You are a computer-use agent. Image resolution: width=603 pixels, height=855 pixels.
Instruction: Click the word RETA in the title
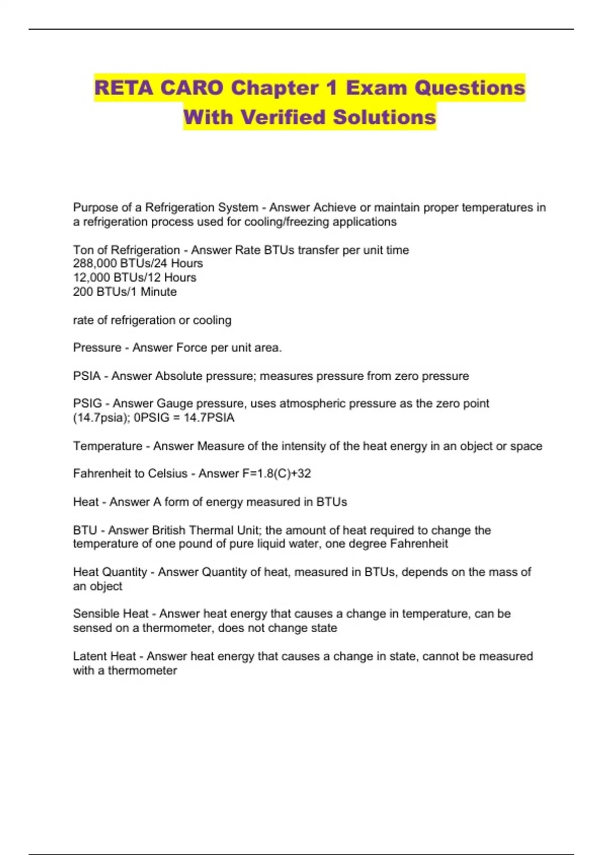pos(123,88)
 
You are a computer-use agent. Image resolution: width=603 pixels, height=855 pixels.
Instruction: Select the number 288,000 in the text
pos(92,264)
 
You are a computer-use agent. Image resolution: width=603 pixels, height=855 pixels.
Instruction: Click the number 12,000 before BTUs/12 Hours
pos(92,278)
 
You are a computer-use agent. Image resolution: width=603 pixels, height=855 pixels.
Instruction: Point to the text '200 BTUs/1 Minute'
pos(125,292)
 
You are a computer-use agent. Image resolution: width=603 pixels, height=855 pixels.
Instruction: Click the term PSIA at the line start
pos(86,376)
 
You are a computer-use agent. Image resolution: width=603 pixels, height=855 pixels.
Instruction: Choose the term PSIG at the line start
pos(87,403)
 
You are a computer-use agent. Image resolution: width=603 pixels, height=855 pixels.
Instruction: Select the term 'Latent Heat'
pos(104,656)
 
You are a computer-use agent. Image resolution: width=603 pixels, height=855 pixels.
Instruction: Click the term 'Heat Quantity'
pos(110,572)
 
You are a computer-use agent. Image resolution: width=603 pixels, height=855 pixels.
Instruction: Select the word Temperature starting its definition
pos(108,446)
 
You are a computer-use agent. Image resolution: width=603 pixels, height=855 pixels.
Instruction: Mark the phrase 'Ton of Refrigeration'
pos(126,250)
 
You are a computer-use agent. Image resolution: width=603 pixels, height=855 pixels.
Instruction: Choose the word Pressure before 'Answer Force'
pos(97,348)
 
